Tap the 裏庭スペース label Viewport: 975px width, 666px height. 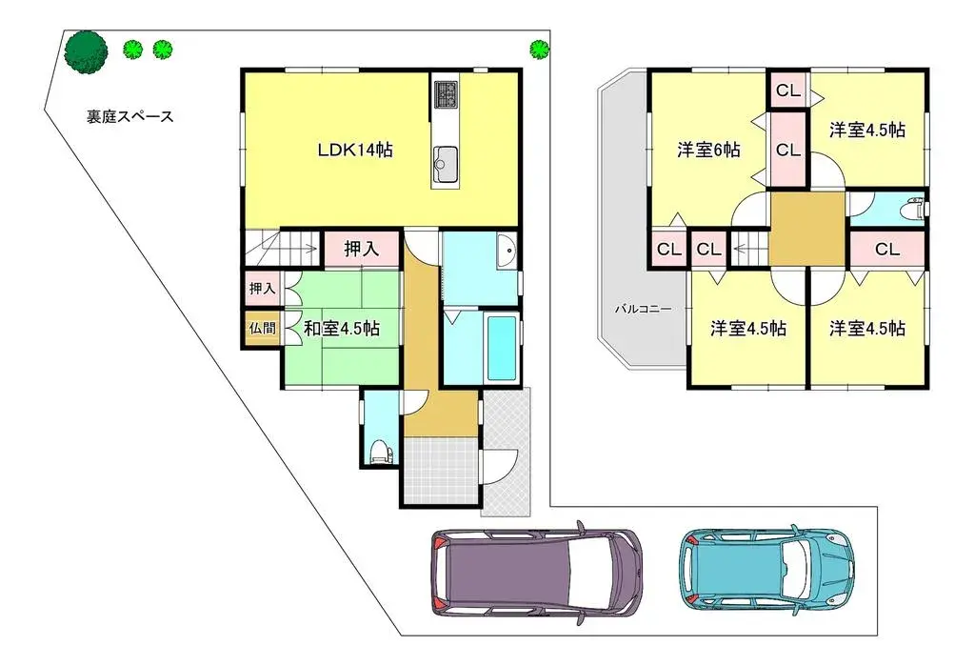pos(127,117)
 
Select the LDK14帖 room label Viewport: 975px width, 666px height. pos(356,150)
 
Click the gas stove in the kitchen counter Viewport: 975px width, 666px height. pos(446,93)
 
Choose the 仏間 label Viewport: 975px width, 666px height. pos(261,328)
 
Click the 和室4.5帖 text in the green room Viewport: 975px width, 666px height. pos(342,329)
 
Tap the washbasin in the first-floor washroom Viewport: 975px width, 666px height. pos(506,252)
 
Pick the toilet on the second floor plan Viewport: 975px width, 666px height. pos(915,208)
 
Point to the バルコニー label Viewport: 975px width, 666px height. pos(643,310)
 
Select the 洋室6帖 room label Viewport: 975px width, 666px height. pos(709,150)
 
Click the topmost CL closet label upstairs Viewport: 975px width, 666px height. pos(787,91)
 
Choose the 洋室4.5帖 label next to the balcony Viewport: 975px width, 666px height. pos(748,329)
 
